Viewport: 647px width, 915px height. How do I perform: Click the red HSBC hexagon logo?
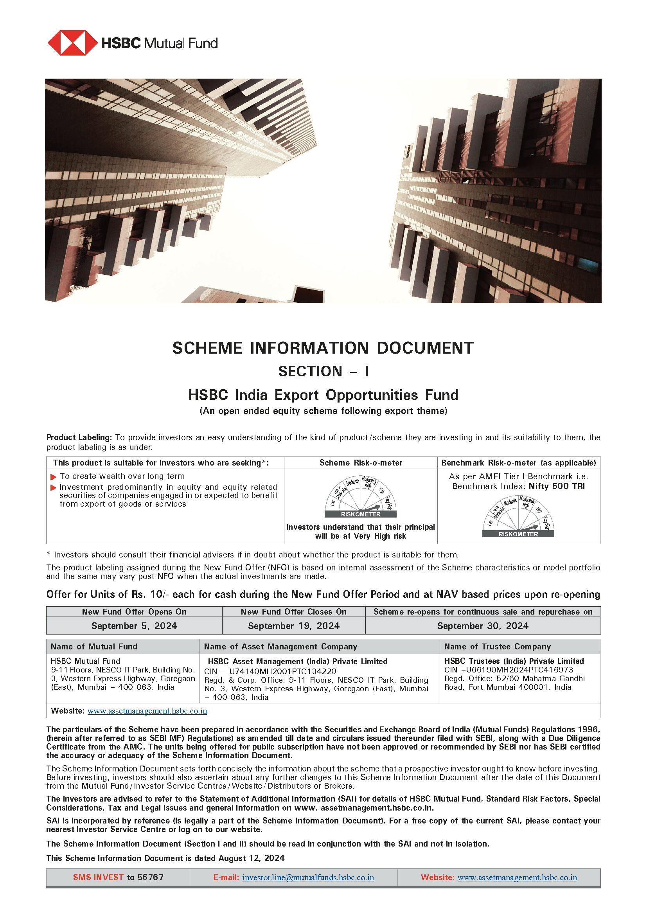pyautogui.click(x=72, y=43)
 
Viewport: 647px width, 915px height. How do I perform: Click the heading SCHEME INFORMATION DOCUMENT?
pyautogui.click(x=323, y=348)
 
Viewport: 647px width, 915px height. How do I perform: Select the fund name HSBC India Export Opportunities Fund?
pyautogui.click(x=323, y=395)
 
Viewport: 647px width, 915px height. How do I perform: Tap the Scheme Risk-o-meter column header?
pyautogui.click(x=361, y=463)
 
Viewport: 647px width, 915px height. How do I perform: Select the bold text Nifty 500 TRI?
pyautogui.click(x=557, y=486)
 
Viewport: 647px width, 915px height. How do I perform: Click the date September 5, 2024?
pyautogui.click(x=134, y=626)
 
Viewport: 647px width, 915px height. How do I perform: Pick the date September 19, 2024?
pyautogui.click(x=294, y=626)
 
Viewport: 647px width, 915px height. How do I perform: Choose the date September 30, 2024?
pyautogui.click(x=483, y=626)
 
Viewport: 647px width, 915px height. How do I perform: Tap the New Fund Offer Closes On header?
pyautogui.click(x=294, y=612)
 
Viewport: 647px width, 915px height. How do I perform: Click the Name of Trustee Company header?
pyautogui.click(x=497, y=646)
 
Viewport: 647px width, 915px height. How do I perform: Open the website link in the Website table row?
pyautogui.click(x=147, y=711)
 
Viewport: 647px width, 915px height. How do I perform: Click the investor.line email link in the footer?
pyautogui.click(x=308, y=877)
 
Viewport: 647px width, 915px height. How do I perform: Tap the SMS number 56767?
pyautogui.click(x=151, y=877)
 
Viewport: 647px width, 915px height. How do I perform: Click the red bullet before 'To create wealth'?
pyautogui.click(x=53, y=477)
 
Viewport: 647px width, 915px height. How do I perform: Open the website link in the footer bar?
pyautogui.click(x=517, y=877)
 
